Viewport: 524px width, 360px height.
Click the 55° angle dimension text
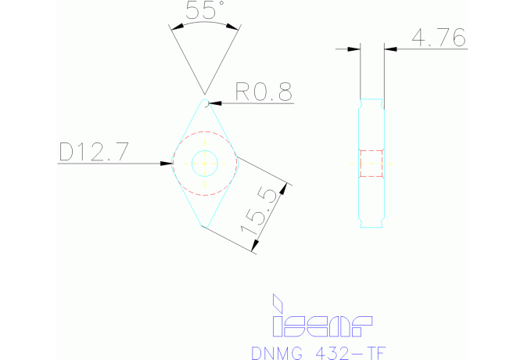[x=205, y=10]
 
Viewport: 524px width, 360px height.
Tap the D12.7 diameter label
[x=94, y=152]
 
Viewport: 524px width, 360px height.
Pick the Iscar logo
[x=321, y=322]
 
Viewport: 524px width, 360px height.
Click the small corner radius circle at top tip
[x=205, y=103]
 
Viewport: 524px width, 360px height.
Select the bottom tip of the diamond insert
[x=204, y=226]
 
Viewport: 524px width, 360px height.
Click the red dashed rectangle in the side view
[x=371, y=163]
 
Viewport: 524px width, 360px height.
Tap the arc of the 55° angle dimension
[x=205, y=24]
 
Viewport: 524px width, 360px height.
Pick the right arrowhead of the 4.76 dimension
[x=389, y=49]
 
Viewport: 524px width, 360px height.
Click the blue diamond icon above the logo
[x=276, y=303]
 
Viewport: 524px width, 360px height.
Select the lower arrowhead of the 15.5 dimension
[x=253, y=249]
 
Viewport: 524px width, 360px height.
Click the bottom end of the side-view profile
[x=371, y=228]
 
